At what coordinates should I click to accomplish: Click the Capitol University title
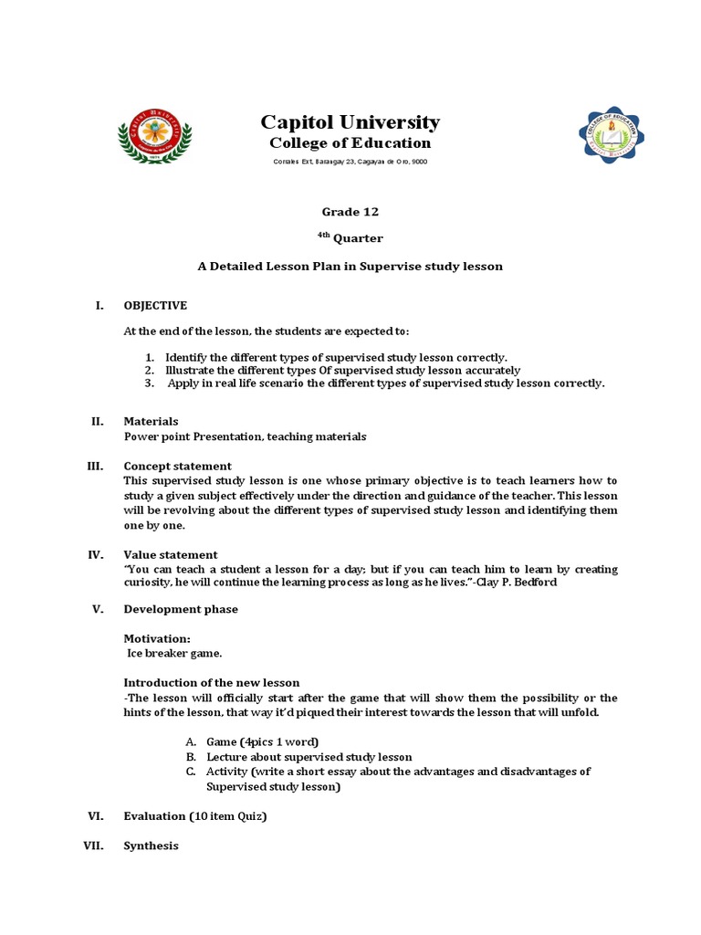350,122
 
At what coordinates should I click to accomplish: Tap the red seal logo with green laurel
154,136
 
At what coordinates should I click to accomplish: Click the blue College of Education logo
611,136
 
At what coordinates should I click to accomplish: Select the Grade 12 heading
350,212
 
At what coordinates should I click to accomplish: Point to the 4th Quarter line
350,238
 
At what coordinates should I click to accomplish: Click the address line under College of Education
350,162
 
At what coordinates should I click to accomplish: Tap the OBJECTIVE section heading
155,305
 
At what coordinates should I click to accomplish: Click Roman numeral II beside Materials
97,421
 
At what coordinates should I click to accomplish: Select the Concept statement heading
177,466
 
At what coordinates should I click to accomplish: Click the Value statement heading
170,554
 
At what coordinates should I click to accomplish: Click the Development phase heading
181,609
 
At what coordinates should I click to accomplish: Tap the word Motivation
157,638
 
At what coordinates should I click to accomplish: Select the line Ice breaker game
173,653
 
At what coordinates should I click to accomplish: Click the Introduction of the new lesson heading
211,682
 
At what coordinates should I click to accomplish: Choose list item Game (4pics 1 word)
262,741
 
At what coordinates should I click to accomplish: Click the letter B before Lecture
191,757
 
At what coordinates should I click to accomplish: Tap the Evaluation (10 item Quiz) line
194,816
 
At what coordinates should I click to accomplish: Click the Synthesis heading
151,846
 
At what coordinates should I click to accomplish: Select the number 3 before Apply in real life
149,383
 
